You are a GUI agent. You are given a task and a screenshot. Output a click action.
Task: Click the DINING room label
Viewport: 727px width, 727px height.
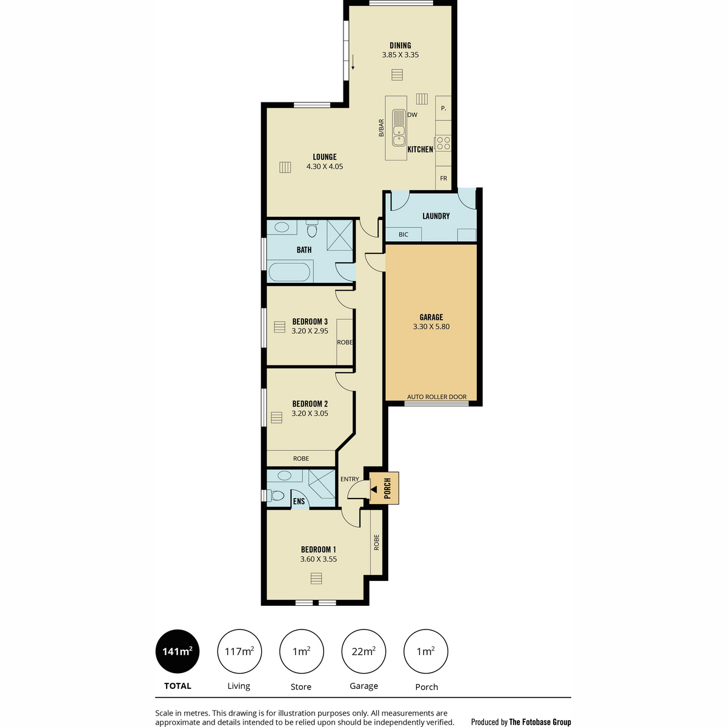(400, 45)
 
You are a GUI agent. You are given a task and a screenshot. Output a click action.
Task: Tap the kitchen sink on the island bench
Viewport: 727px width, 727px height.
(399, 128)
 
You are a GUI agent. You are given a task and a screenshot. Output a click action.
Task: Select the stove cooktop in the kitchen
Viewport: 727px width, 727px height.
(443, 144)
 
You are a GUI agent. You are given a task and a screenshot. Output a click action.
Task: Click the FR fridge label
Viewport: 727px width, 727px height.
(443, 179)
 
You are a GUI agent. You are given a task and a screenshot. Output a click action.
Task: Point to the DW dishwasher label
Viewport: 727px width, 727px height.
(413, 115)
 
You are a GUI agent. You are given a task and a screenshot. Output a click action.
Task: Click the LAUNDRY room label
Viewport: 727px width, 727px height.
(436, 216)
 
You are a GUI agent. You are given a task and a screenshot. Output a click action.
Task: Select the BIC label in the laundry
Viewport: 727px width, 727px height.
(403, 234)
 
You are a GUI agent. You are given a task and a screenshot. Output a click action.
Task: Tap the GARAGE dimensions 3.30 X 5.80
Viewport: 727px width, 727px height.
(431, 327)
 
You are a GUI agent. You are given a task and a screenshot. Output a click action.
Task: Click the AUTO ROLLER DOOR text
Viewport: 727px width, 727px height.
(437, 397)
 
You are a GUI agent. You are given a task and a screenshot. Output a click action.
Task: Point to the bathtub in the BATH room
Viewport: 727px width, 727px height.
(290, 272)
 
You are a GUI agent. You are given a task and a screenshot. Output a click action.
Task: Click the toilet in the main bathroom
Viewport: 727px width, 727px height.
(312, 229)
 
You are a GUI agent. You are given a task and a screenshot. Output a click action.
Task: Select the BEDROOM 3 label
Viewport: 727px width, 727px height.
(310, 322)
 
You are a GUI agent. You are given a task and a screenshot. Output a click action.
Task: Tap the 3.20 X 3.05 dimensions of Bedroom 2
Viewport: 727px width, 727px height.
(310, 413)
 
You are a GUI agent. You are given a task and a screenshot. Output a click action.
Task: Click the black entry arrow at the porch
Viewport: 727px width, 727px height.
(374, 489)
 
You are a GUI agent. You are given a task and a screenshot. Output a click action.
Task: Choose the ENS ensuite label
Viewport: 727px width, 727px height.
(299, 502)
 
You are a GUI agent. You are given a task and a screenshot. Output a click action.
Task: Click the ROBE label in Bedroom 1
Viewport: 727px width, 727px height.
(377, 542)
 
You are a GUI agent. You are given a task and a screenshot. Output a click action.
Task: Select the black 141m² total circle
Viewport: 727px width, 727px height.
(178, 652)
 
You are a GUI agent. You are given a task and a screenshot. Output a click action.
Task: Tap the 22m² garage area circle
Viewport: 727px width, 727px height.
(363, 652)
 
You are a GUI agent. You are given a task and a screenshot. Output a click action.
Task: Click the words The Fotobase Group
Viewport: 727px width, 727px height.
(540, 722)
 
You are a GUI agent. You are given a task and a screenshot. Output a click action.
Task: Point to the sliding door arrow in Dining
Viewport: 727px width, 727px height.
(353, 62)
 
